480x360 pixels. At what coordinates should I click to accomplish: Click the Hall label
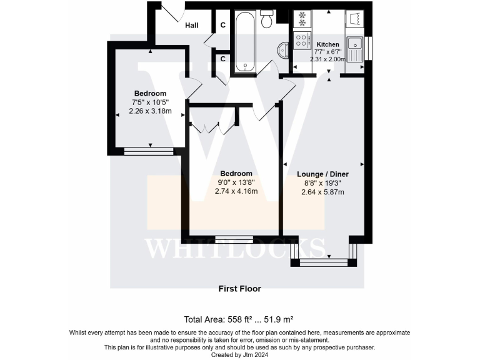pyautogui.click(x=192, y=26)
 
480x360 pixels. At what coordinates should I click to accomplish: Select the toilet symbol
pyautogui.click(x=267, y=19)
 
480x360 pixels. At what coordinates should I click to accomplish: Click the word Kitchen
pyautogui.click(x=328, y=44)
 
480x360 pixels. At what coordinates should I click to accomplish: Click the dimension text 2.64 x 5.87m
pyautogui.click(x=324, y=192)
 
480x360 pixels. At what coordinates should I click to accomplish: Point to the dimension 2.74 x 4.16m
pyautogui.click(x=236, y=192)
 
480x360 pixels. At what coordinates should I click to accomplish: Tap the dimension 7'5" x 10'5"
pyautogui.click(x=149, y=102)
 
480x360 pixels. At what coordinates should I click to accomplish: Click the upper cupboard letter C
pyautogui.click(x=222, y=26)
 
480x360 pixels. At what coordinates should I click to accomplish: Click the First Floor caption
pyautogui.click(x=239, y=289)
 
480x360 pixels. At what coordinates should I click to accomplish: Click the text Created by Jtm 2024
pyautogui.click(x=239, y=354)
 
